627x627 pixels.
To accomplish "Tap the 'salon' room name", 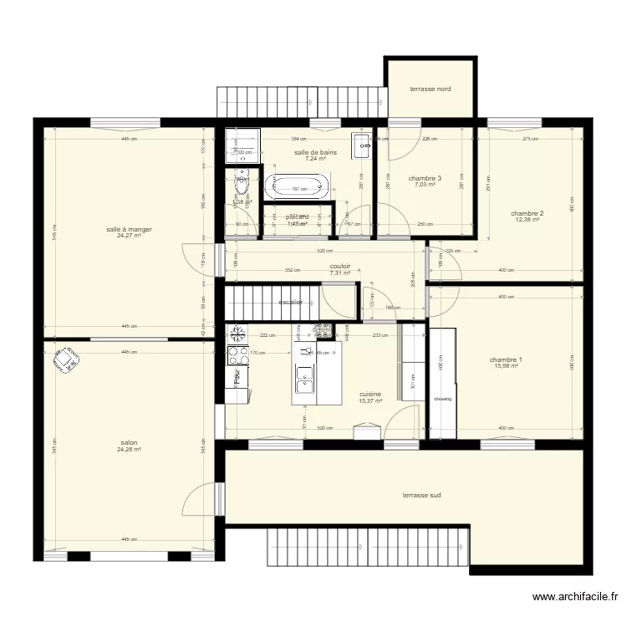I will click(x=129, y=443).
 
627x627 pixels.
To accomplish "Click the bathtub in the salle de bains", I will click(x=297, y=186).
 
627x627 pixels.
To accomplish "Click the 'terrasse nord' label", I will click(x=430, y=88).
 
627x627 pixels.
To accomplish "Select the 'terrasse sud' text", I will click(x=421, y=495).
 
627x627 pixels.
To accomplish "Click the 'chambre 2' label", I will click(x=528, y=213).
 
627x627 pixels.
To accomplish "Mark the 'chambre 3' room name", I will click(x=425, y=178).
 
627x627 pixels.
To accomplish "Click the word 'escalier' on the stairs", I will click(x=290, y=302).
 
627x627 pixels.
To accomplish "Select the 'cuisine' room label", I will click(x=370, y=394).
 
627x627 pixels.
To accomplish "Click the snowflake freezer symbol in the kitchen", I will click(x=237, y=334).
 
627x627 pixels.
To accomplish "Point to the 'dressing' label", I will click(x=442, y=399).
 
